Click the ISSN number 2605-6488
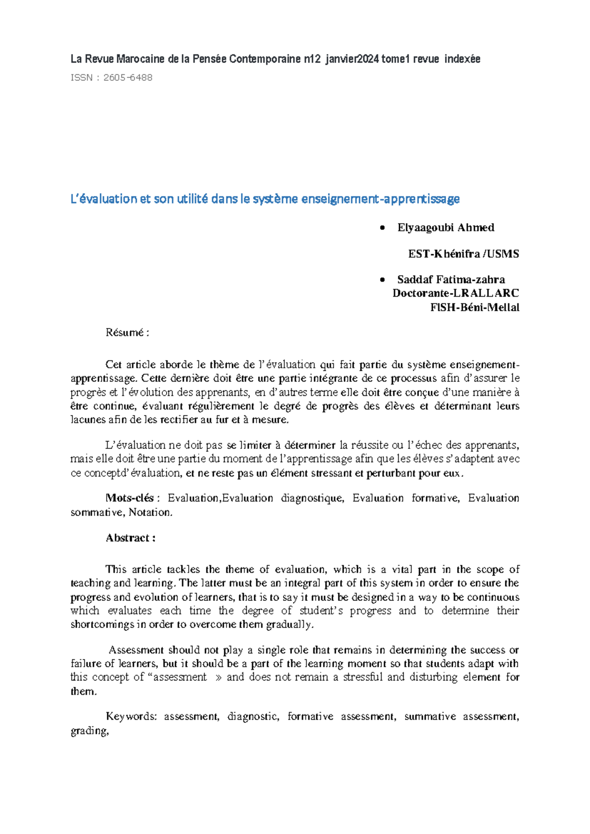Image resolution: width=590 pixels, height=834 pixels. (x=128, y=77)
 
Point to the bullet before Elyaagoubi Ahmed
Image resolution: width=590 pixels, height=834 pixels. (x=382, y=228)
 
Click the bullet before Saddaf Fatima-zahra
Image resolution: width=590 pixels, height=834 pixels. (x=382, y=280)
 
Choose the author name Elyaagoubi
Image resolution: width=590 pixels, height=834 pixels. (x=425, y=228)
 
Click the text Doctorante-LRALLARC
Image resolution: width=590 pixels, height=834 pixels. (x=455, y=293)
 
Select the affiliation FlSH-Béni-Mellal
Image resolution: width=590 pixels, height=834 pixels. (x=474, y=307)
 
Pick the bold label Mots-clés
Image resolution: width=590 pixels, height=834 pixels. (x=130, y=498)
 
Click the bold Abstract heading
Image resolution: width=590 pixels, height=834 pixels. (x=130, y=537)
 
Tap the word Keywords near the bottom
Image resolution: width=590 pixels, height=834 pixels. (x=131, y=716)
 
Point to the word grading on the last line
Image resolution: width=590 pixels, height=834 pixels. (x=88, y=731)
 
